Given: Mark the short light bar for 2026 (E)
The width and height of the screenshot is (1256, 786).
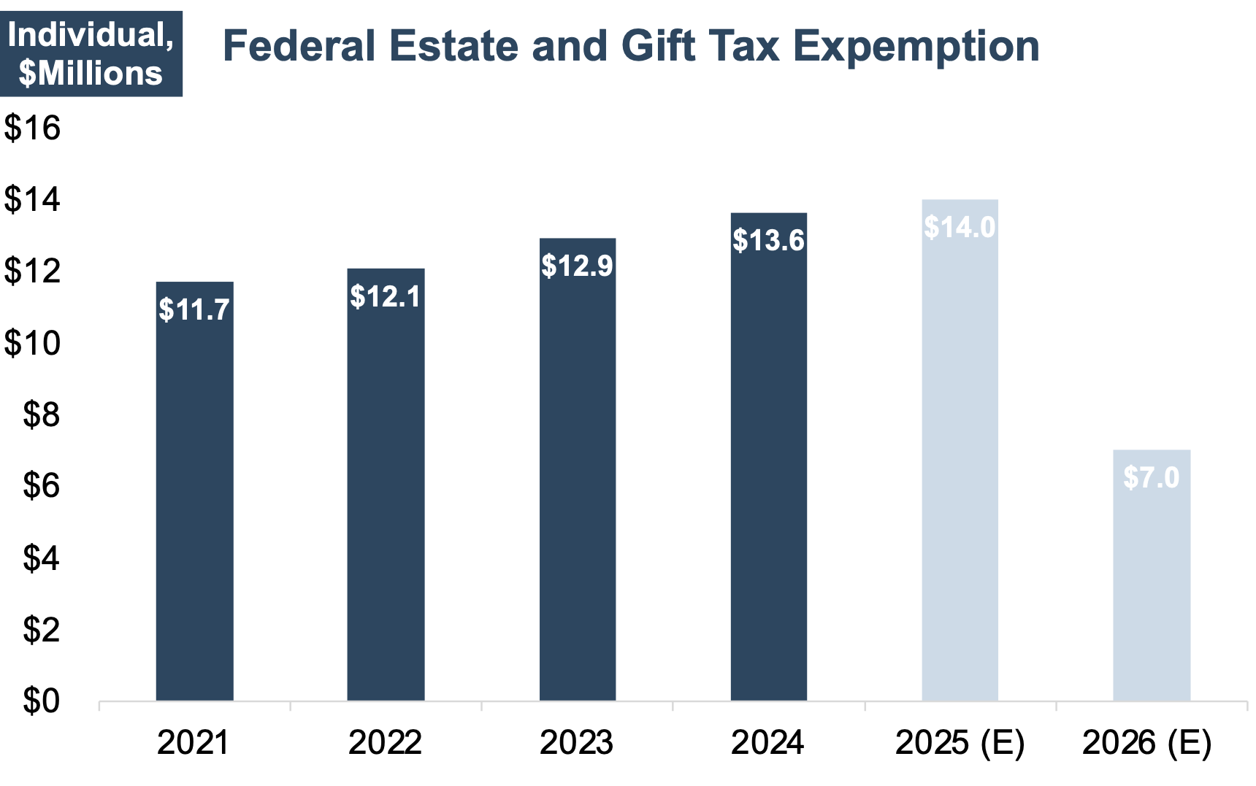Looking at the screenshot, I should tap(1151, 584).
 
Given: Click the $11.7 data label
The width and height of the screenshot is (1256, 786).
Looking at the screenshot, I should tap(194, 310).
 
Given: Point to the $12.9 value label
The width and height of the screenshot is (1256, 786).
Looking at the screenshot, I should tap(577, 266).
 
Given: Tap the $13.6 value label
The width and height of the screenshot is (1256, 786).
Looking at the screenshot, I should tap(768, 241).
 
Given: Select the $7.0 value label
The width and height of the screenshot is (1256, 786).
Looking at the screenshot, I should tap(1151, 478).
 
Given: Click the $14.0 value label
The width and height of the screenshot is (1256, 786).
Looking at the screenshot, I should tap(960, 228).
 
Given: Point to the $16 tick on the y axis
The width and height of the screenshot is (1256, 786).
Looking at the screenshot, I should tap(32, 128).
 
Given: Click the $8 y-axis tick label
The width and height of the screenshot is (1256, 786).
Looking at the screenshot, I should tap(41, 415).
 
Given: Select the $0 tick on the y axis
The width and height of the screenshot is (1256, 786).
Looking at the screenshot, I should tap(41, 701).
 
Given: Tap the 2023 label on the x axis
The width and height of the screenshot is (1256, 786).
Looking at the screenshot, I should tap(577, 743).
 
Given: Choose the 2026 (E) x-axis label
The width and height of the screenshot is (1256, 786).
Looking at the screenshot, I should tap(1146, 743).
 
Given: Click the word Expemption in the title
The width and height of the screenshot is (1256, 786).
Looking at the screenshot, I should tap(916, 47).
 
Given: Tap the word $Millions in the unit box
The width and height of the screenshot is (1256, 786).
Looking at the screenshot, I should tap(91, 74).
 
